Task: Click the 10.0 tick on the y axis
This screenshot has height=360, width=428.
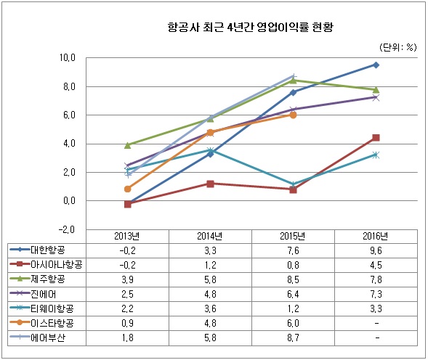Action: [x=68, y=57]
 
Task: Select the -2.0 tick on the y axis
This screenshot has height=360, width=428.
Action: [x=68, y=229]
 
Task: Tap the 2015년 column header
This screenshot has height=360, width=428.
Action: [x=293, y=236]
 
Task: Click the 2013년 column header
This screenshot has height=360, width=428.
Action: [x=127, y=236]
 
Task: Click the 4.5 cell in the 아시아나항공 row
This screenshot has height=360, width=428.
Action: [x=376, y=264]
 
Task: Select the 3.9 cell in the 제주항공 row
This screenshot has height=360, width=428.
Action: [x=127, y=279]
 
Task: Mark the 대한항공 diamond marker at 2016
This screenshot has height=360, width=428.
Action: [x=376, y=65]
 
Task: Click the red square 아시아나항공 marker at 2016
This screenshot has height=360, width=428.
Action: [x=376, y=137]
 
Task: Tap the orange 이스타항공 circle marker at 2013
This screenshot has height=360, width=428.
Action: [x=128, y=189]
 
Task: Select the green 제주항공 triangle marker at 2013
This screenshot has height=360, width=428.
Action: [x=128, y=145]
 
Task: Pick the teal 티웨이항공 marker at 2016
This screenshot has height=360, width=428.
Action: [x=376, y=155]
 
